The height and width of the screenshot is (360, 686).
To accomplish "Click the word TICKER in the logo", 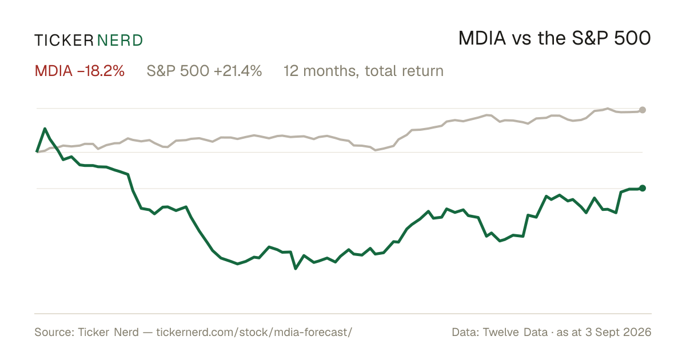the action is (x=64, y=41).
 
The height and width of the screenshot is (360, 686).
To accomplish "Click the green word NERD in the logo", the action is (x=119, y=41).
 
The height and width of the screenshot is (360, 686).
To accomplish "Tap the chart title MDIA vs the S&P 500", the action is (x=555, y=38).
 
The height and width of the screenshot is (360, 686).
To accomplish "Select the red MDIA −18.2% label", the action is (x=79, y=71).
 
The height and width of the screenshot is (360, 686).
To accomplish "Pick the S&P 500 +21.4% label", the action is (x=204, y=71).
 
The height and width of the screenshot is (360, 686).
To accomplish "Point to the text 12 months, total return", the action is (x=364, y=71).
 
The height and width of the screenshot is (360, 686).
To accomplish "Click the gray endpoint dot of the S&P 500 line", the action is (x=643, y=110).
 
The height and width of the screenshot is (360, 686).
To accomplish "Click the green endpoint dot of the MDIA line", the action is (x=643, y=188).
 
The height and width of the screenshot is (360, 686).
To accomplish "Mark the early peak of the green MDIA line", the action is (x=45, y=129).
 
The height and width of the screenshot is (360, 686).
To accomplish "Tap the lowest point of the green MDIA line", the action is (x=296, y=269).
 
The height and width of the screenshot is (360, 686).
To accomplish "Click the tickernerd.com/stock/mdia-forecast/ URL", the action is (x=254, y=332).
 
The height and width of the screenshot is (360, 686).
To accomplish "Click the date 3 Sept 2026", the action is (x=618, y=332).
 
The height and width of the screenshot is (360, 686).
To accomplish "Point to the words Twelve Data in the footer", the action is (x=515, y=332).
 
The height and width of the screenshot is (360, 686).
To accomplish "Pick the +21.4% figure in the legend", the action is (x=238, y=71).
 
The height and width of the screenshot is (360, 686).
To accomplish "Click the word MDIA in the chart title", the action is (x=482, y=38).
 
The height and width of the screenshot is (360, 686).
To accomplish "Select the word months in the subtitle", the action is (x=331, y=71).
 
